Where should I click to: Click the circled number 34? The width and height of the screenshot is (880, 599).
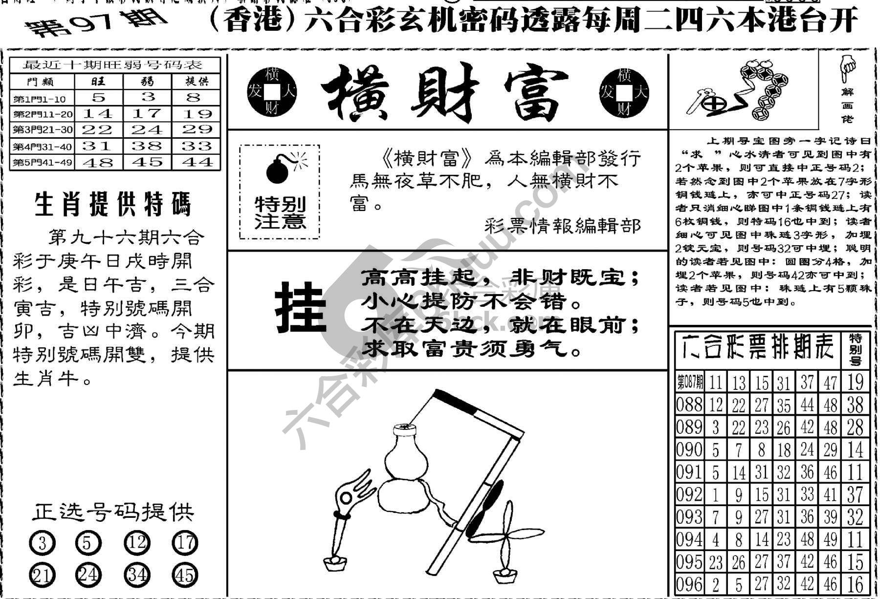coord(137,575)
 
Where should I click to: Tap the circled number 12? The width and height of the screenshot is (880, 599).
coord(137,543)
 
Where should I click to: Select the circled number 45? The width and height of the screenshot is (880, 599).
coord(185,575)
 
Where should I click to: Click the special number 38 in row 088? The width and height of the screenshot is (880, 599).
coord(855,405)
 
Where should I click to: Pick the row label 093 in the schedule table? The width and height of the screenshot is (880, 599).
coord(689,517)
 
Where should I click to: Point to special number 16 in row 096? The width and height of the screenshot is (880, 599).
coord(855,584)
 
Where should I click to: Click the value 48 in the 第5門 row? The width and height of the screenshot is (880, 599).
coord(98,162)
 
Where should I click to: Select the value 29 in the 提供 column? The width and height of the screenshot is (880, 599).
coord(197,129)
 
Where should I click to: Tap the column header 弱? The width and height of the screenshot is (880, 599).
coord(147,81)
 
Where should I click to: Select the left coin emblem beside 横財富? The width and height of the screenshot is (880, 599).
coord(272,92)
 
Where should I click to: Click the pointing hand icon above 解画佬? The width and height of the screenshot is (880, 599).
coord(847,68)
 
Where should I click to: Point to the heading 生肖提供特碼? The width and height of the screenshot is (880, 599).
coord(113,205)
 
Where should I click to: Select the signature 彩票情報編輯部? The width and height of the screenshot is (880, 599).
coord(562,226)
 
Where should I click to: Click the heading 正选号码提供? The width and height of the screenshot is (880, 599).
coord(113,512)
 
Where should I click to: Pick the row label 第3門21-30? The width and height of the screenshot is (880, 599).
coord(43,130)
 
